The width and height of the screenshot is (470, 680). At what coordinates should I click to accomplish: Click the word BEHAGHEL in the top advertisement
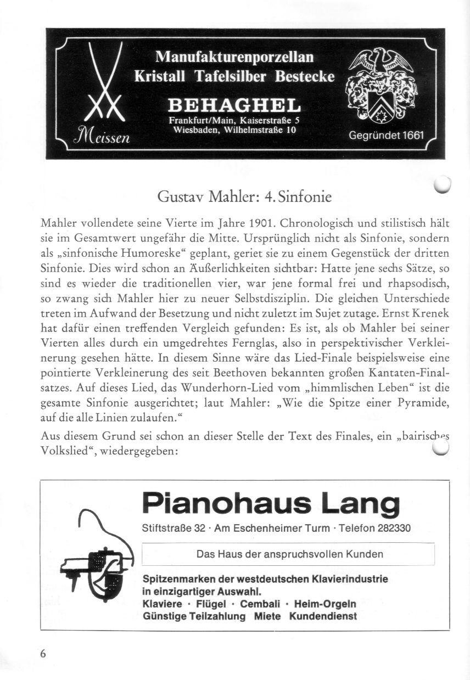[234, 104]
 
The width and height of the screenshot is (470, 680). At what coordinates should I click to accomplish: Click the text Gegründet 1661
[387, 136]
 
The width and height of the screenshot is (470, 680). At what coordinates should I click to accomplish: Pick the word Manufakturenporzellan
[234, 57]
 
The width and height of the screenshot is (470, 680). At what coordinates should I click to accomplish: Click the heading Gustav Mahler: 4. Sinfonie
[244, 196]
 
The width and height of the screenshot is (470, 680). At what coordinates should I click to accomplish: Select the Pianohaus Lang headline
[270, 503]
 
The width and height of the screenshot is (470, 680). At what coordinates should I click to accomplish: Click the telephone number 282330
[394, 529]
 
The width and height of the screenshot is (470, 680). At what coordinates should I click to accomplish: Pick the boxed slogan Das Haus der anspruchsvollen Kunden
[289, 554]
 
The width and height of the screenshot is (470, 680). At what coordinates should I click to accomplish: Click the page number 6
[43, 653]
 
